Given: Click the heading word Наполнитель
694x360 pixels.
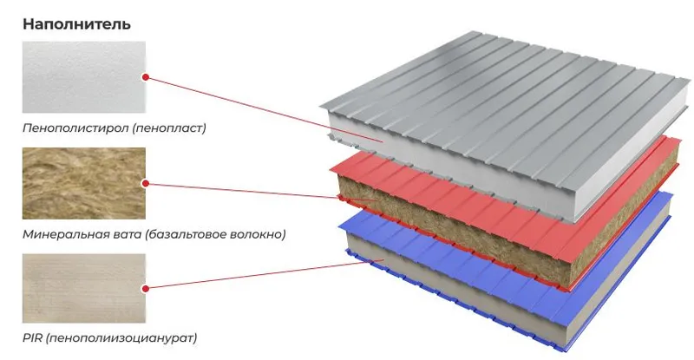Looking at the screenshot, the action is coord(76,24).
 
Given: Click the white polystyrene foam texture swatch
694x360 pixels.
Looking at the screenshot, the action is coord(84,77).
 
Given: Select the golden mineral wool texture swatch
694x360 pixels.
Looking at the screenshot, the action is coord(84,183).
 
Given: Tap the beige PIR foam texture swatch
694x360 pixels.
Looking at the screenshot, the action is coord(84,288).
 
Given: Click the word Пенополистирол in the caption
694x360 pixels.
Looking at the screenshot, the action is coord(75,128).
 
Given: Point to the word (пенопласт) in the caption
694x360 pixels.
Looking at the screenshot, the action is coord(169,128).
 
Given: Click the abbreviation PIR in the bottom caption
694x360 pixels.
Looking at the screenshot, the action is coord(32,338).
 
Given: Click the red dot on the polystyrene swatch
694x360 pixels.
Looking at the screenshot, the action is coord(145,77).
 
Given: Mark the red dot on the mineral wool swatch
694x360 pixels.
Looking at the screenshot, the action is coord(145,183).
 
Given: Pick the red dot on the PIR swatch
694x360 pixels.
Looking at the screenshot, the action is coord(145,289).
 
